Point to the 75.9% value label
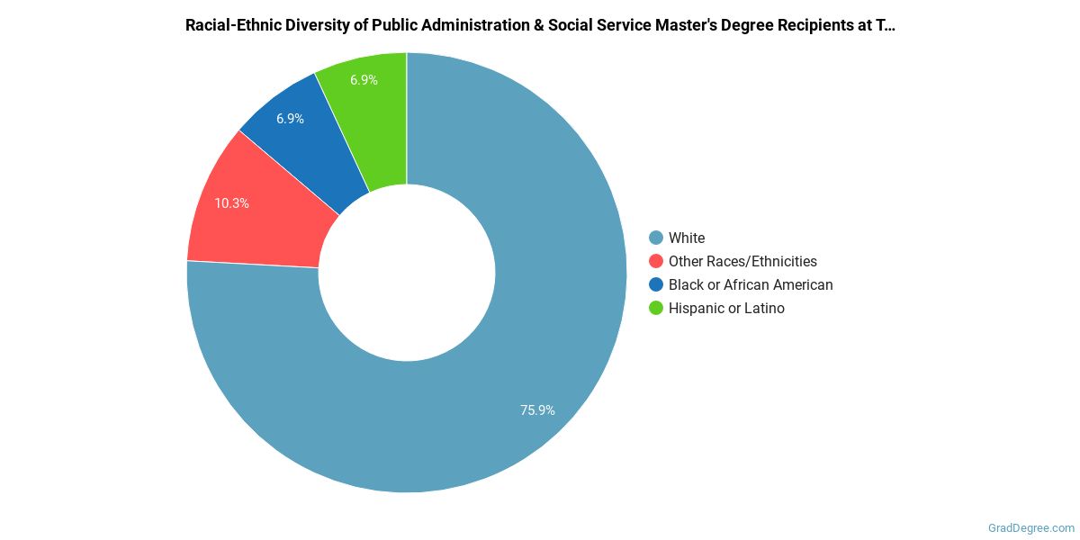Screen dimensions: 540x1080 tap(537, 410)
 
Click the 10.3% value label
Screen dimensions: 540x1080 tap(231, 203)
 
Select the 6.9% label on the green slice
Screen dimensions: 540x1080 tap(364, 80)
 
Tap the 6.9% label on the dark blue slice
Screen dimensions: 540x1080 tap(290, 119)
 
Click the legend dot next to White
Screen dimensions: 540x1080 tap(656, 238)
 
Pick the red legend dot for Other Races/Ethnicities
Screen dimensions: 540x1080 tap(656, 262)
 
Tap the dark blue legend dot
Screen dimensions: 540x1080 tap(656, 285)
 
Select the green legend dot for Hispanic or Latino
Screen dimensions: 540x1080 tap(656, 309)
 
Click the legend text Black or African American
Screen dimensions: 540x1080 tap(751, 285)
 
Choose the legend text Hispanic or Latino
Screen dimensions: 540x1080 tap(726, 309)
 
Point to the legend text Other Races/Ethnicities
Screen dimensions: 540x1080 tap(742, 262)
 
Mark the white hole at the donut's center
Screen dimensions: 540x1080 tap(407, 273)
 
